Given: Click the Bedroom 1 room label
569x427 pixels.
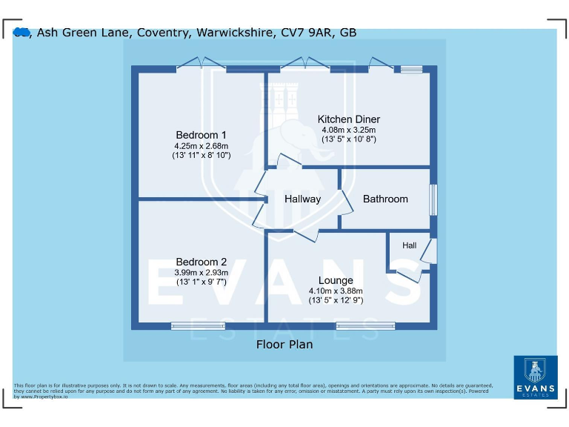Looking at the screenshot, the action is coord(201,135).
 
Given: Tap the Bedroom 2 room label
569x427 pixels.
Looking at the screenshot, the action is coord(201,262).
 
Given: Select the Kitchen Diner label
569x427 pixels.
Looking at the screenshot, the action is coord(348,119).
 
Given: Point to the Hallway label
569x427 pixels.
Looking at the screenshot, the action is coord(302,199).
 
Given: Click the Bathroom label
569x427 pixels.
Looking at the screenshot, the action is coord(385,199).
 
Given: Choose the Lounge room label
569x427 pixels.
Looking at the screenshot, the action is coord(336,280).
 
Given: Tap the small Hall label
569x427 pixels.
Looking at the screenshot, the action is coord(409,245).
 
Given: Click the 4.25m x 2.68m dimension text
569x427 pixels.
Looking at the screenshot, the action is coord(201,146).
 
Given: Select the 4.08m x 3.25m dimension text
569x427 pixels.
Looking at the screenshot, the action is coord(348,130).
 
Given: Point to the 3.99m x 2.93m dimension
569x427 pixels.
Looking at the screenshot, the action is coord(201,272).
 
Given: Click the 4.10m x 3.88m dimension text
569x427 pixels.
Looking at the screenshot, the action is coord(336,291).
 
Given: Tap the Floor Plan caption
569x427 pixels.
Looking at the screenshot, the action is coord(284,344).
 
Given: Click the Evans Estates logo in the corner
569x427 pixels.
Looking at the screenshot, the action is coord(535,377).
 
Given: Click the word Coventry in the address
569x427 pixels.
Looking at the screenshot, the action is coord(159,32).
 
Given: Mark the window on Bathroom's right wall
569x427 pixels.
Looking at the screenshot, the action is coord(433,200).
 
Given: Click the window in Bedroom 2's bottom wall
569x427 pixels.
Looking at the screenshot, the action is coord(198,325).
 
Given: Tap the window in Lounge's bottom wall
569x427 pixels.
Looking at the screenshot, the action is coord(365,325).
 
